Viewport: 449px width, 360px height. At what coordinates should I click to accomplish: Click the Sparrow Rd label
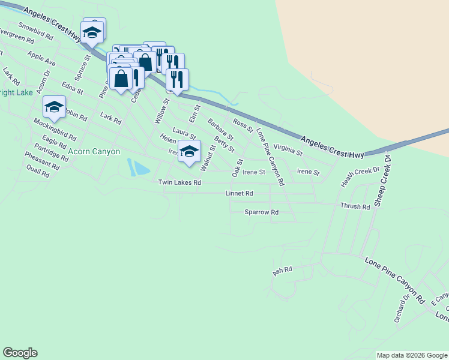click(262, 212)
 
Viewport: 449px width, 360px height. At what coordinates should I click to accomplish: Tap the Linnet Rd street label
click(239, 194)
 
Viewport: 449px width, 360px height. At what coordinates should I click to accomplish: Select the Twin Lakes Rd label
click(179, 182)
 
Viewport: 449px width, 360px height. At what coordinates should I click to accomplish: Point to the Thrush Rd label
click(355, 206)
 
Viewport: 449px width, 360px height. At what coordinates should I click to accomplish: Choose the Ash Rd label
click(282, 271)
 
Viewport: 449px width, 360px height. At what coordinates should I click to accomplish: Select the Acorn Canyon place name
click(94, 152)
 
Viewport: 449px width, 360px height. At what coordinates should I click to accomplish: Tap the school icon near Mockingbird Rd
click(54, 107)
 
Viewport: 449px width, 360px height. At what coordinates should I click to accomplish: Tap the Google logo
click(20, 353)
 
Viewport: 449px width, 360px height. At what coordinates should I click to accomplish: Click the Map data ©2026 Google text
click(411, 355)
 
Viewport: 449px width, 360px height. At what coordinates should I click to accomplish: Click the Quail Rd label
click(37, 173)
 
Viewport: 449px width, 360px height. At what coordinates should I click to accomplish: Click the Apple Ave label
click(41, 58)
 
